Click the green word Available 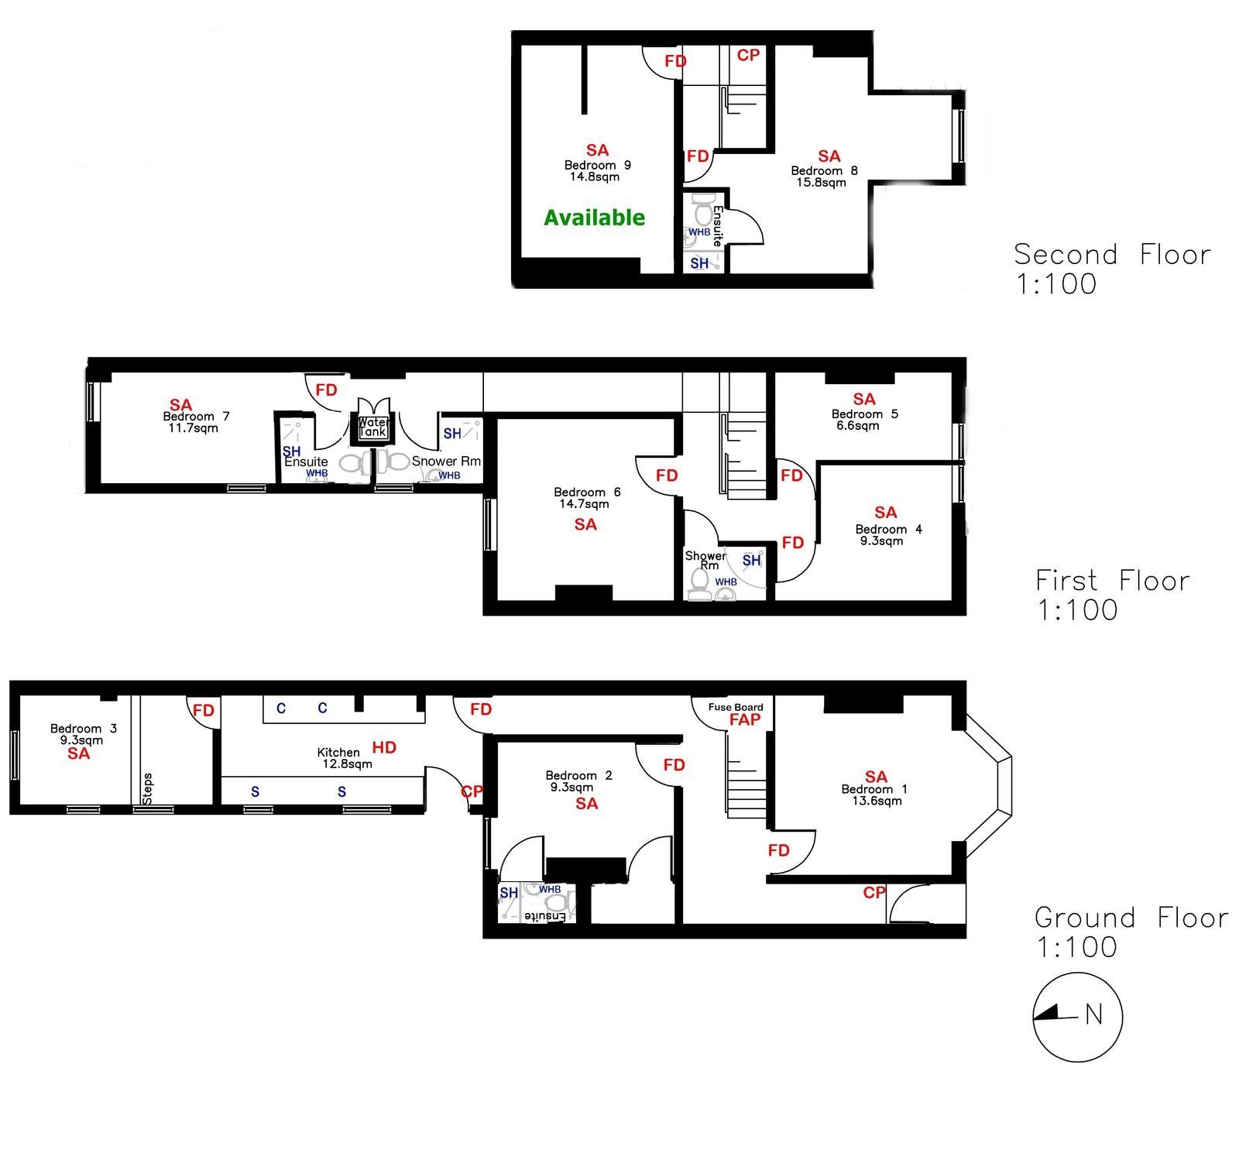tap(594, 218)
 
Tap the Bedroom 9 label tap(597, 165)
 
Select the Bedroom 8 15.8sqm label tap(824, 177)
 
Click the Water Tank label tap(373, 427)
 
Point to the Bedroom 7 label tap(196, 416)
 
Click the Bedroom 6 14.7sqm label tap(587, 498)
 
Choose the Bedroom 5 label tap(865, 414)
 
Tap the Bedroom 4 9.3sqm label tap(888, 535)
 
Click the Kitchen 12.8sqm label tap(343, 757)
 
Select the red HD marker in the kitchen tap(384, 747)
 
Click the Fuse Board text tap(736, 707)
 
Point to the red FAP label tap(745, 719)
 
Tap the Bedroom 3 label tap(84, 728)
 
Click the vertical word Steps tap(147, 788)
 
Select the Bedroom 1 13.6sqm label tap(874, 795)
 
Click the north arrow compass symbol tap(1077, 1017)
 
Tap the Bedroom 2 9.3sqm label tap(578, 781)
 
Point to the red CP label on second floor tap(748, 55)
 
